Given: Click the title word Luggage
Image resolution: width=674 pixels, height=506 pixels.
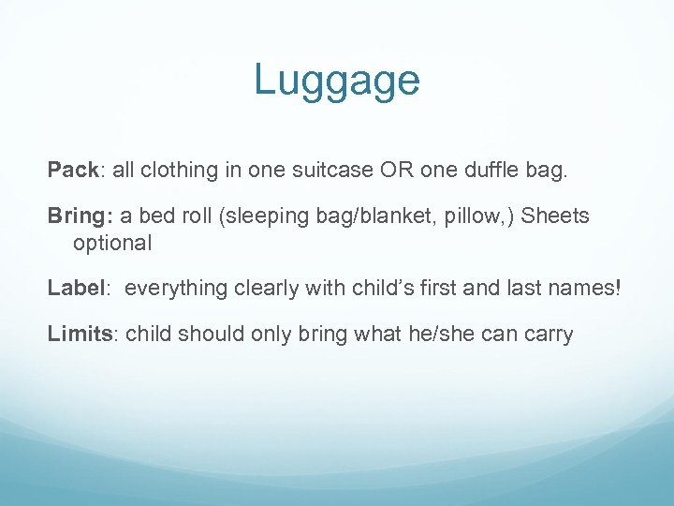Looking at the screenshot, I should click(336, 82).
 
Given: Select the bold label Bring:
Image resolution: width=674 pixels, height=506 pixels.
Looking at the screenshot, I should click(80, 216).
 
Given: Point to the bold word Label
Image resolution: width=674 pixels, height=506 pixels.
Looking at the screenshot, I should click(73, 288).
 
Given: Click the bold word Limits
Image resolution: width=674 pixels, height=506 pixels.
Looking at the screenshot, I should click(80, 333).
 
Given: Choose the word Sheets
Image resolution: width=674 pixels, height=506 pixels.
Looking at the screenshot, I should click(555, 216).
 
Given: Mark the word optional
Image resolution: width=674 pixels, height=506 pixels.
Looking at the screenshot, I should click(111, 243).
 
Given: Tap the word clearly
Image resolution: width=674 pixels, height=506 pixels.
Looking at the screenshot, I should click(271, 289).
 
